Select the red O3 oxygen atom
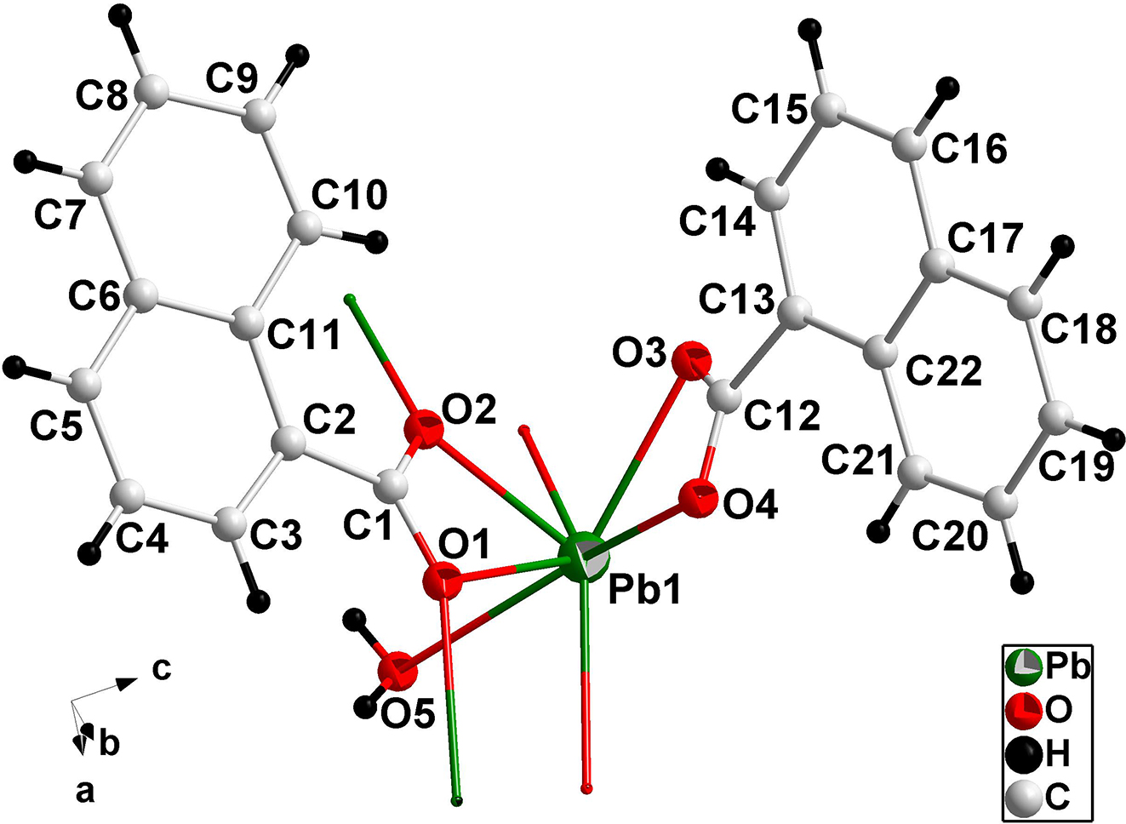[x=690, y=360]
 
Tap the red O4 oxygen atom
[x=700, y=496]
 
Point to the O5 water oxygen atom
[x=396, y=672]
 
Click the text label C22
[x=944, y=370]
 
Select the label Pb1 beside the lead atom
[x=644, y=591]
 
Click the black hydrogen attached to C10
[x=376, y=243]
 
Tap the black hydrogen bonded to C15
[x=809, y=31]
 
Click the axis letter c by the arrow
[x=162, y=669]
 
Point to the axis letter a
[x=84, y=793]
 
